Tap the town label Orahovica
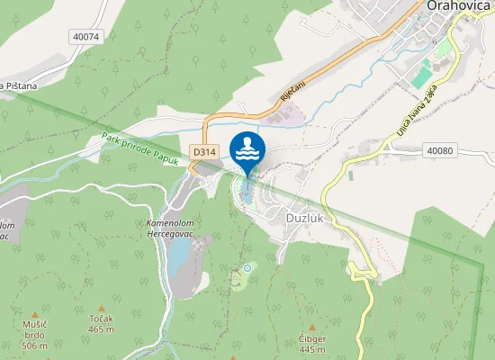(x=457, y=6)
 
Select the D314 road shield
(x=204, y=153)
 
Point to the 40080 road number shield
(x=441, y=150)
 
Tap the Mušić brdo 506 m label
(x=34, y=334)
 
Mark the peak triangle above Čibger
(x=311, y=327)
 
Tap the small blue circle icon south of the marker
(x=247, y=268)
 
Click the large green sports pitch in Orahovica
(x=421, y=73)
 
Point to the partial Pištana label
(x=18, y=85)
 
